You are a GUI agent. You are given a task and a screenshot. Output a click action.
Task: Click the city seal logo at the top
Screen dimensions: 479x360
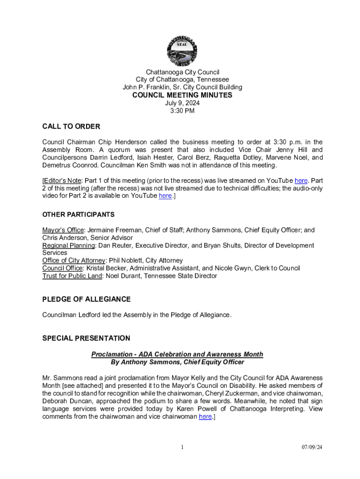point(182,50)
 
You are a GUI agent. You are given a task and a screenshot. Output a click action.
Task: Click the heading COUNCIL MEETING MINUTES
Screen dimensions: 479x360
point(182,95)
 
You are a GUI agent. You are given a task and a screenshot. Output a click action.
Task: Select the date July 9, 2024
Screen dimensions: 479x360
point(182,103)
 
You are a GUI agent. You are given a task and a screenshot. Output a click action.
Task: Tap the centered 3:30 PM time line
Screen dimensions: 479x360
point(182,111)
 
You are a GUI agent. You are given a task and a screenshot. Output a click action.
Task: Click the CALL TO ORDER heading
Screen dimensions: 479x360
point(71,127)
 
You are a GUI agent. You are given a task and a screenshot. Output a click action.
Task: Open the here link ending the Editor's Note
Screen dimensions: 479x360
point(165,196)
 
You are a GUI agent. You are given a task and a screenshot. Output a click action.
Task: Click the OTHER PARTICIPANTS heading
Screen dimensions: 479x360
point(78,215)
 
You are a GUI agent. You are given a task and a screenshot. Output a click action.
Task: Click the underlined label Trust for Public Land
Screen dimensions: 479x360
point(72,276)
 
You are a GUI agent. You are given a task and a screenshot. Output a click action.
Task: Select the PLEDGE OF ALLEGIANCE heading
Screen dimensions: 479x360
point(86,299)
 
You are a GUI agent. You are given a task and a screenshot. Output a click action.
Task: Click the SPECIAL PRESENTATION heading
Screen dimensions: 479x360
point(86,338)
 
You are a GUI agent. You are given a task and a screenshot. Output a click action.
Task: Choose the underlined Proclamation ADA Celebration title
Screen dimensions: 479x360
point(177,355)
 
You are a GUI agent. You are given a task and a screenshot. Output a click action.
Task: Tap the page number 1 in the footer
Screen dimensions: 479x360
point(182,447)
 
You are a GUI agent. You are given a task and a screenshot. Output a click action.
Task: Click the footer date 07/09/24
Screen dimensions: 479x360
point(312,447)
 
